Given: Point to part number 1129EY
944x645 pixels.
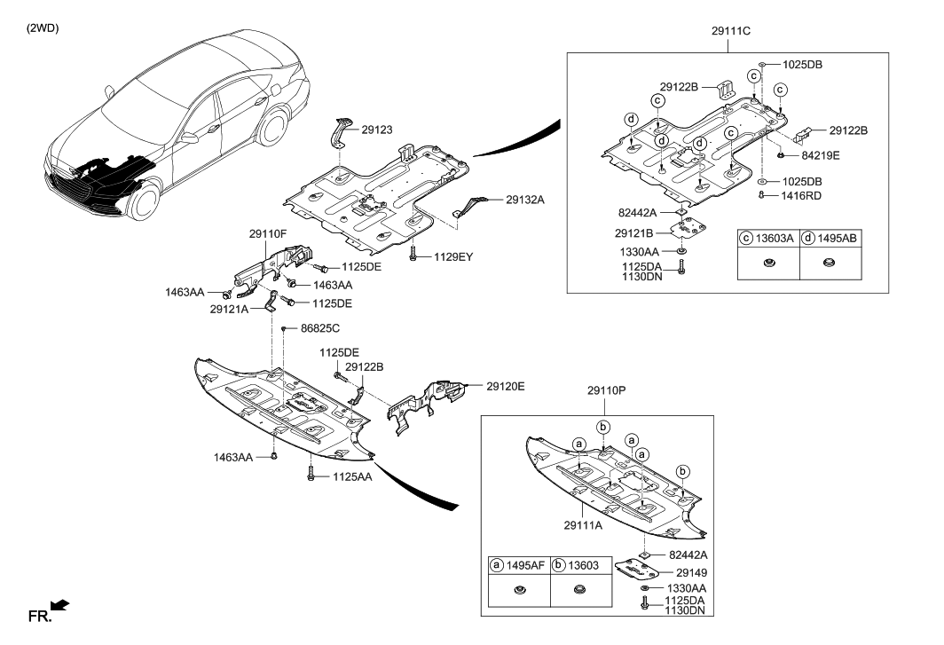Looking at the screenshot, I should pyautogui.click(x=454, y=257).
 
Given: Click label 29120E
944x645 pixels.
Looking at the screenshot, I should pyautogui.click(x=506, y=386).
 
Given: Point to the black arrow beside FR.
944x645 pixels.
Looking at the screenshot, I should pyautogui.click(x=60, y=605).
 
